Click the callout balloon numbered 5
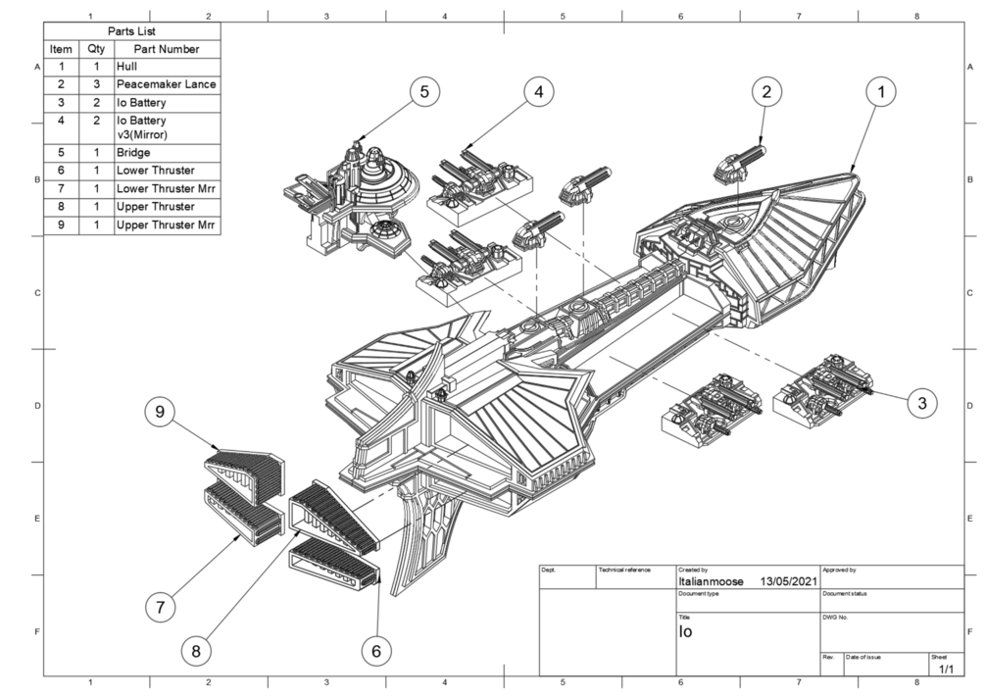point(423,92)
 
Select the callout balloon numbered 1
point(881,92)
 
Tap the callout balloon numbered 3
point(920,401)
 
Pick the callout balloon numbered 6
point(376,650)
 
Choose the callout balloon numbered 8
point(196,650)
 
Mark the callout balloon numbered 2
point(766,92)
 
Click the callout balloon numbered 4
point(538,92)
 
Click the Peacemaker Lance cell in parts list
point(166,84)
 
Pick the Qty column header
point(96,48)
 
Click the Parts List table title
point(132,30)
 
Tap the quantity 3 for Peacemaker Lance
point(96,84)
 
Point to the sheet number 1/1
point(947,669)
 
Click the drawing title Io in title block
point(686,632)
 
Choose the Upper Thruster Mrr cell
point(165,225)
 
